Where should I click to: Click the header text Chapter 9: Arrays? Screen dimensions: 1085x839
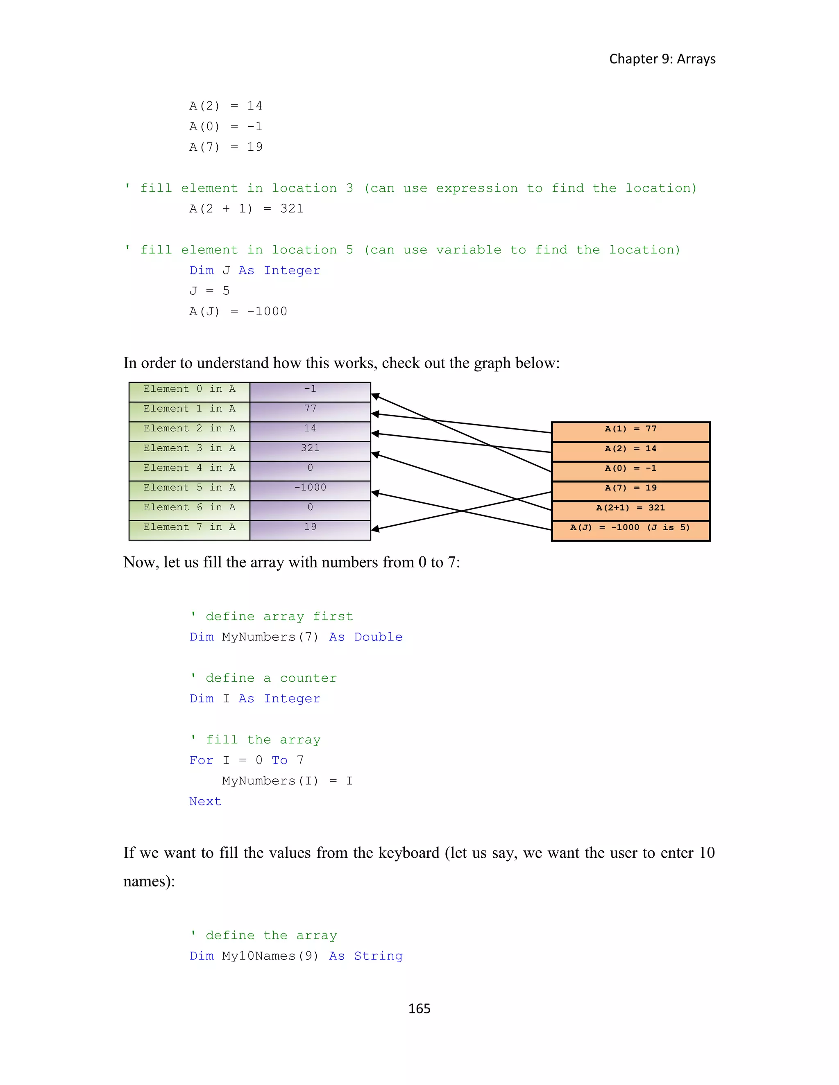point(662,59)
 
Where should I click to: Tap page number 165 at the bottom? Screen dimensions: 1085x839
point(419,1008)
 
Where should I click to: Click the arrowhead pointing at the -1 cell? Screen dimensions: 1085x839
point(376,396)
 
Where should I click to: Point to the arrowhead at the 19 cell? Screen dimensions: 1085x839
point(376,529)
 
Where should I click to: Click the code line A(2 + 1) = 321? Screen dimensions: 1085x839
point(246,209)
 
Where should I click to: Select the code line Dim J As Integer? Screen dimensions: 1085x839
point(254,270)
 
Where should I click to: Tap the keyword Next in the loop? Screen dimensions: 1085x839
point(205,801)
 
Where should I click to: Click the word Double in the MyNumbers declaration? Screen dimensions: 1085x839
point(378,637)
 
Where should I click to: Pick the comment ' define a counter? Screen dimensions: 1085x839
point(263,678)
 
